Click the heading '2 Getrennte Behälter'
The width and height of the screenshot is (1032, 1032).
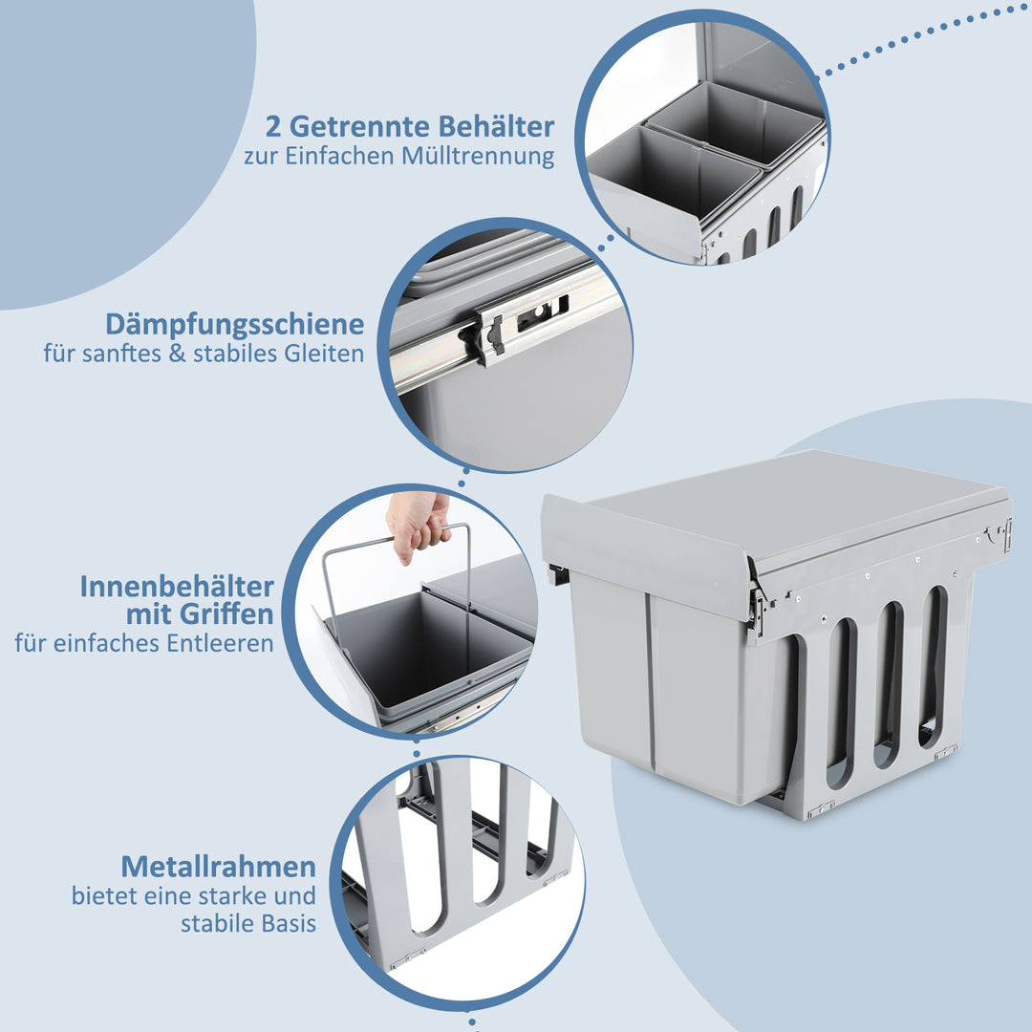408,126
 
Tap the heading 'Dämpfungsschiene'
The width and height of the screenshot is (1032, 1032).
235,324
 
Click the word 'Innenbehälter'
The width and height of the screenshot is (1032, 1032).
177,586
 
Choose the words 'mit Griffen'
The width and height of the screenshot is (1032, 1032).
200,613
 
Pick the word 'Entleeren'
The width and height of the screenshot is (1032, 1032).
226,643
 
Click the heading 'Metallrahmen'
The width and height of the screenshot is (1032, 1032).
218,867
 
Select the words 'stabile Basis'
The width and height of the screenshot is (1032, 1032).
248,924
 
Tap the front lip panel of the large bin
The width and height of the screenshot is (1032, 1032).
645,554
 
